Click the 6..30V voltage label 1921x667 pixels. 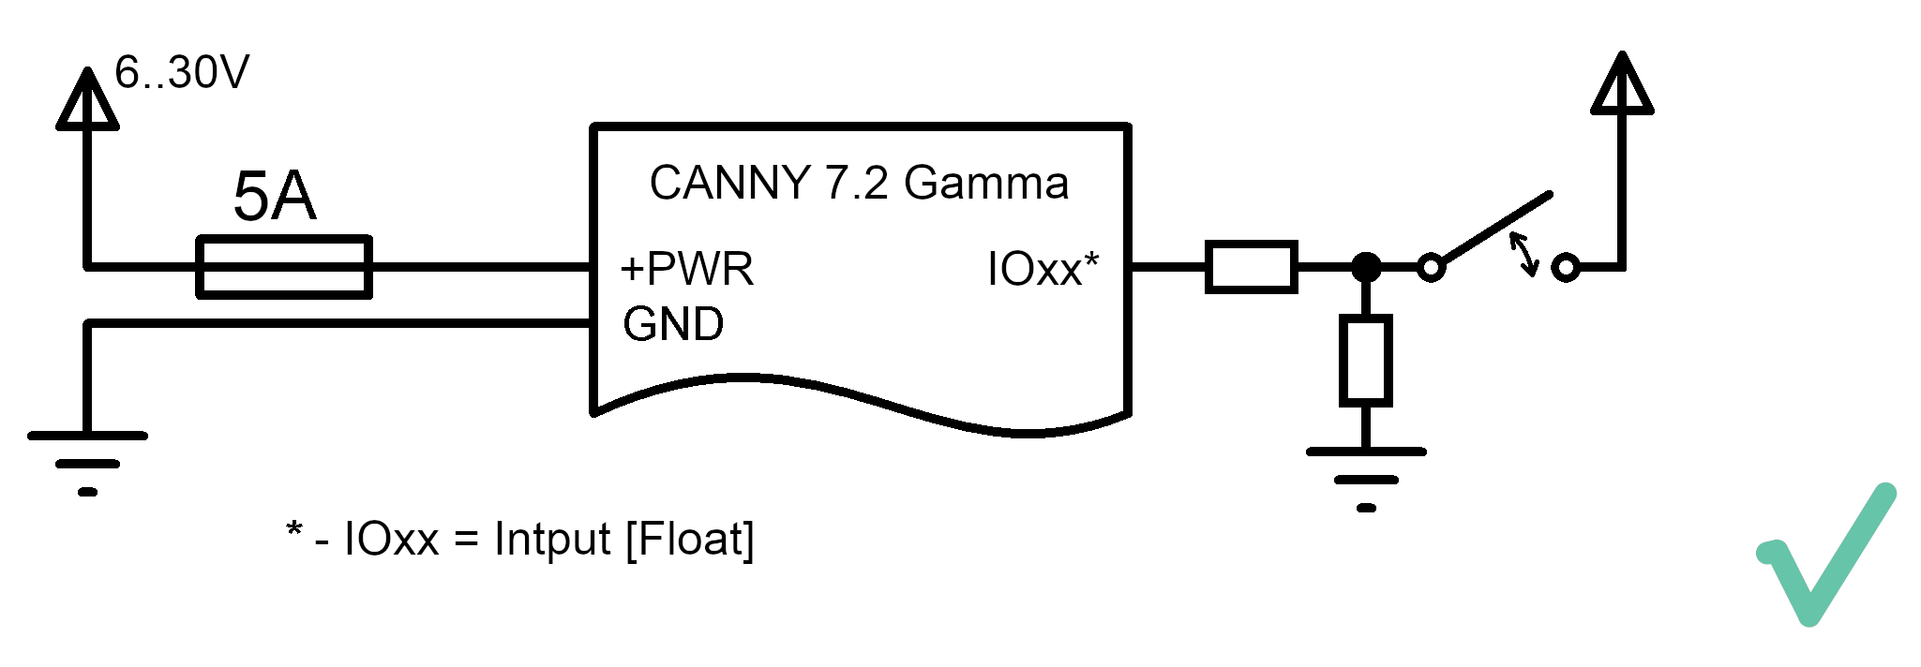click(182, 72)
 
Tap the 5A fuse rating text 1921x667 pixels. click(274, 196)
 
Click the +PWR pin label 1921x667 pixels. click(686, 269)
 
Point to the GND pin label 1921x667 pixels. click(673, 324)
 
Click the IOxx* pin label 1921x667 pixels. click(1043, 269)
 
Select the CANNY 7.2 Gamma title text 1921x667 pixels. click(859, 183)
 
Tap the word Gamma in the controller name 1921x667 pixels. click(986, 183)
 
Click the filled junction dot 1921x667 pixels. click(1366, 267)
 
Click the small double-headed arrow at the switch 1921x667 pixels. click(1523, 254)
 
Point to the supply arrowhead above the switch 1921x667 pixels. click(1622, 83)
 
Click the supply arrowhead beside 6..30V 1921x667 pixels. click(87, 98)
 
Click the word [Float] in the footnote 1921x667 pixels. click(689, 540)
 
